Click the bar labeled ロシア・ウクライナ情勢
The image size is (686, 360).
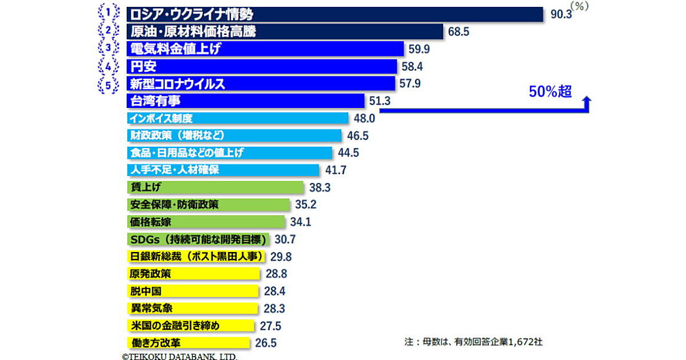pos(334,14)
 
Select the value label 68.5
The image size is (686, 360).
pos(458,32)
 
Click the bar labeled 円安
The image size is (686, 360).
pos(261,66)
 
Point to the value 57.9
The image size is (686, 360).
pos(410,84)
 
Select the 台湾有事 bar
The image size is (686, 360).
pos(245,101)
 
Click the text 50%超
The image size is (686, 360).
pos(549,91)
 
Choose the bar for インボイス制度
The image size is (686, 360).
pos(237,118)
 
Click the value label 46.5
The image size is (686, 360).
pos(357,136)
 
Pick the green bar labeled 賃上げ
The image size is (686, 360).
pos(215,187)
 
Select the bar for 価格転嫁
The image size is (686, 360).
pos(206,222)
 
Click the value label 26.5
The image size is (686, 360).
pos(266,343)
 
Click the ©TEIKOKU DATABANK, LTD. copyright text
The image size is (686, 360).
pos(179,355)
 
